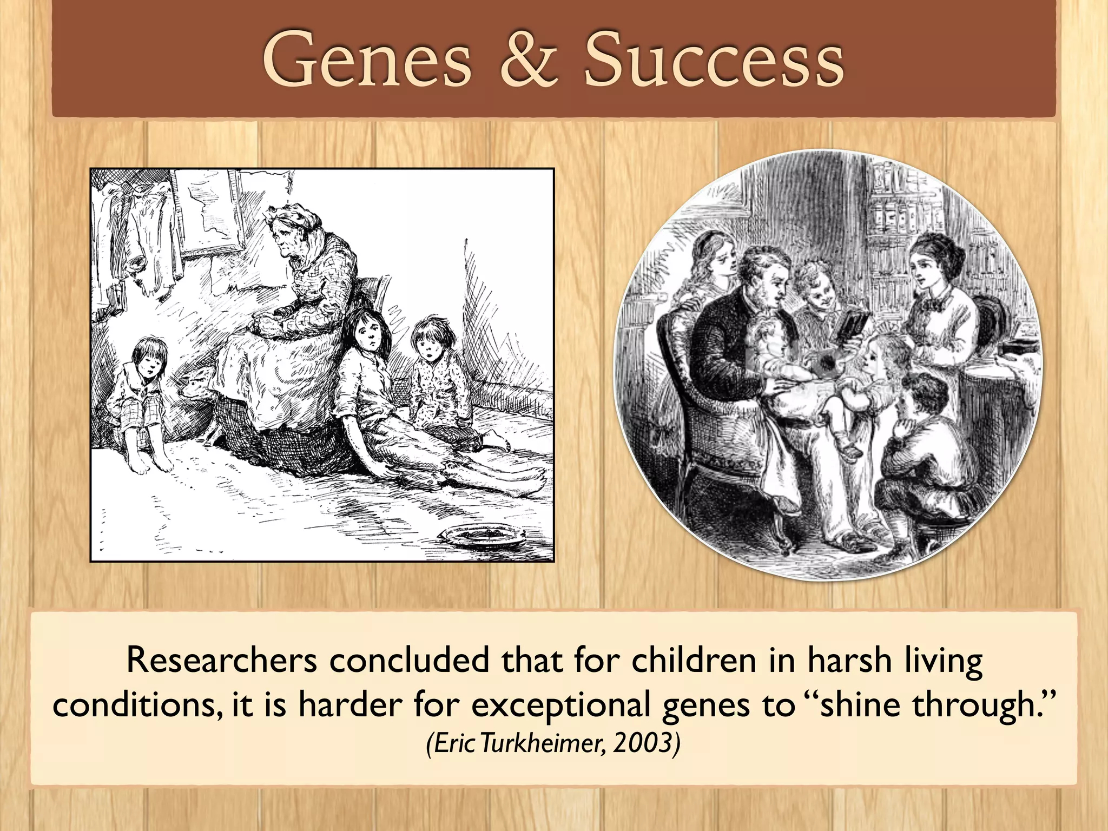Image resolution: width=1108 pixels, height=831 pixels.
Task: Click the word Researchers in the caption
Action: (x=221, y=661)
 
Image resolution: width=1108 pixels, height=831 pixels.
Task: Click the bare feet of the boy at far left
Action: (x=154, y=463)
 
